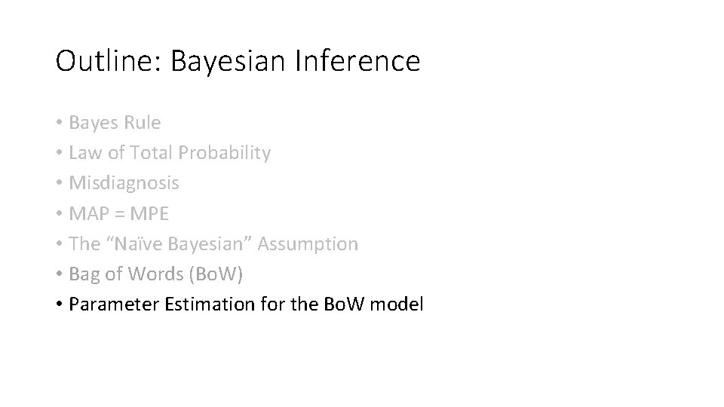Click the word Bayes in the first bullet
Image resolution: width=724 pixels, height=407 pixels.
coord(90,122)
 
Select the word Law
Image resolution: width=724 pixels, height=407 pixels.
coord(83,153)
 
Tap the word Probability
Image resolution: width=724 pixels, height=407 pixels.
coord(224,154)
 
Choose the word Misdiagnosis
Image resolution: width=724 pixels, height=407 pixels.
coord(124,183)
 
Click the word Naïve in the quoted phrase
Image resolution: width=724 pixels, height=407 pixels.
coord(129,243)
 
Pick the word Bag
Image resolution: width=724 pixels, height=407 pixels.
coord(83,274)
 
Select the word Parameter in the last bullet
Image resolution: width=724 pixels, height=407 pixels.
coord(105,304)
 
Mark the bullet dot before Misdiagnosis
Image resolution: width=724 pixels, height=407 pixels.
coord(59,184)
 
